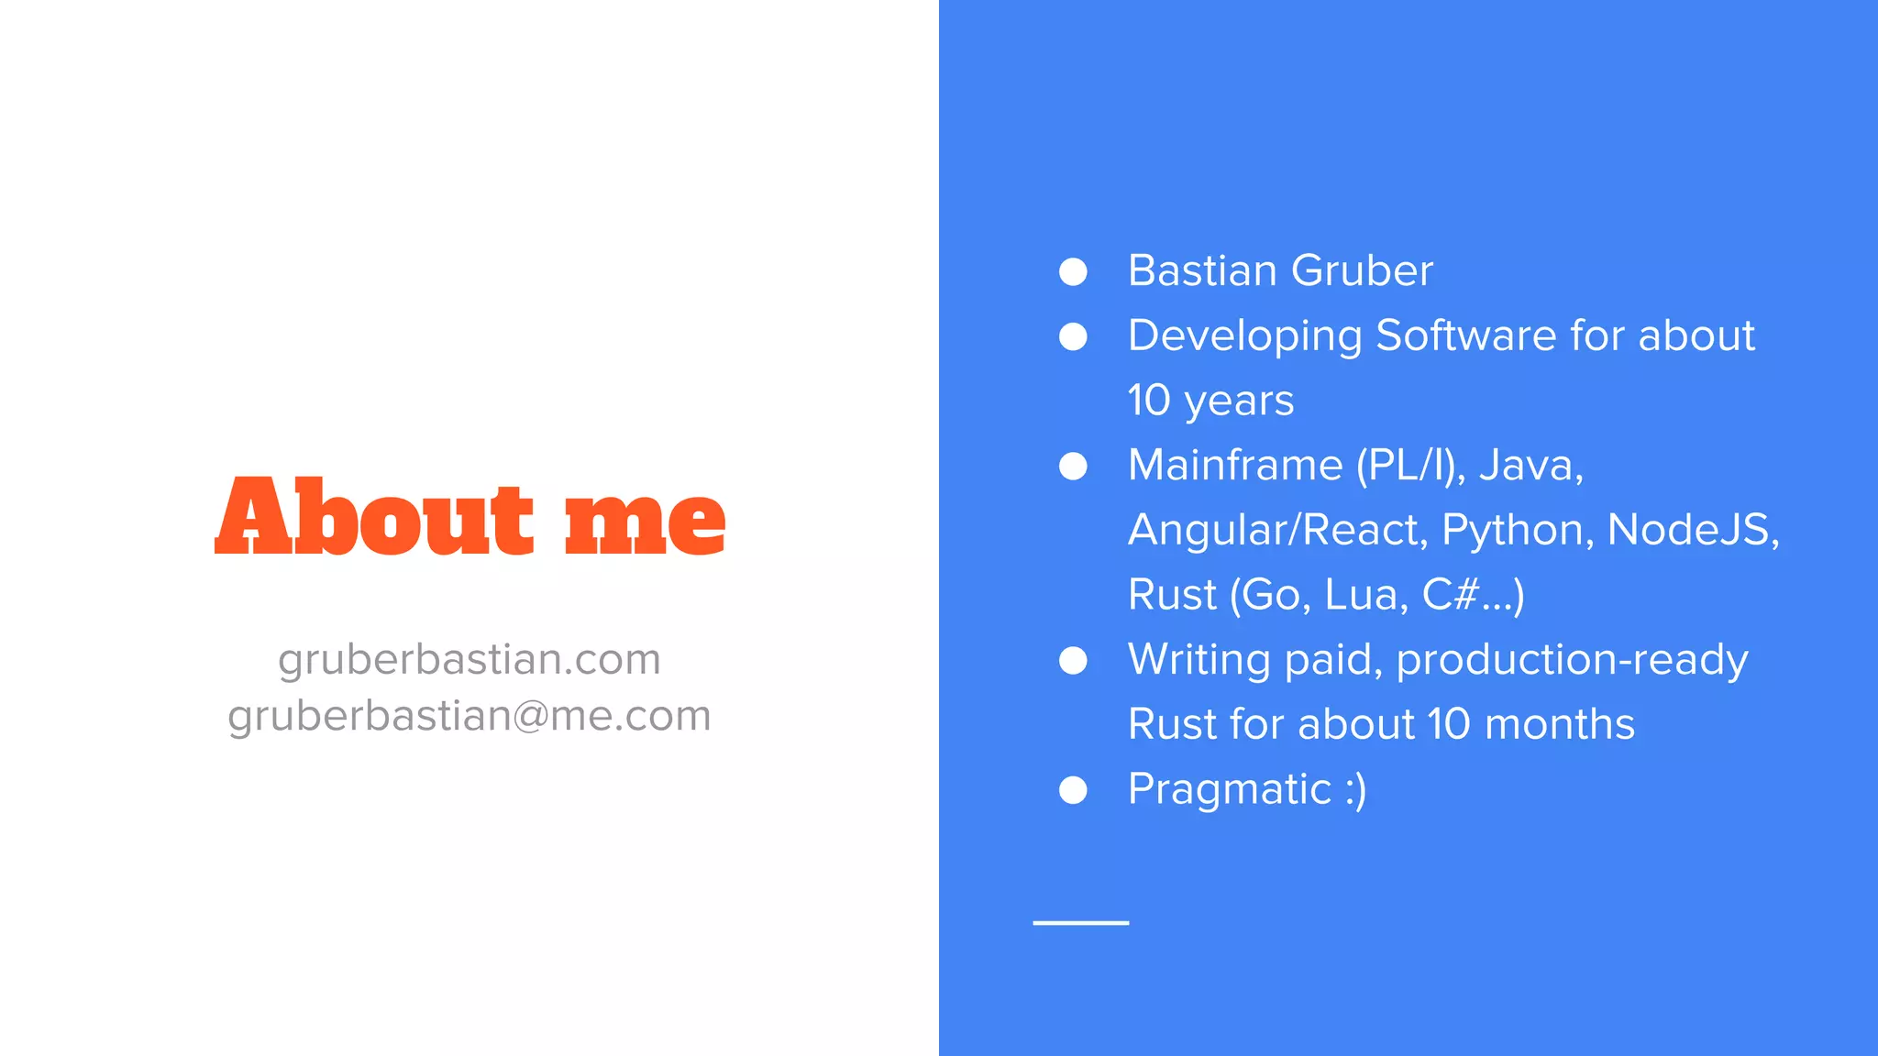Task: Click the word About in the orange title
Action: tap(374, 517)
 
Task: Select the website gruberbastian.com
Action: tap(469, 659)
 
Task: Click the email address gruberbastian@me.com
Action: tap(469, 716)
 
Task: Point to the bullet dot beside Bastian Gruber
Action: tap(1073, 271)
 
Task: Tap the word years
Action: tap(1239, 401)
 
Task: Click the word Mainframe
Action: tap(1235, 465)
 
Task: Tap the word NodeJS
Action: tap(1693, 530)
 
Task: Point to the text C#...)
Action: tap(1473, 595)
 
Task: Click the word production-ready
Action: tap(1572, 660)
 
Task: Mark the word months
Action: tap(1559, 724)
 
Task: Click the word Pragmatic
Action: tap(1229, 789)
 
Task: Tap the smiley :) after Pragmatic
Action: tap(1355, 789)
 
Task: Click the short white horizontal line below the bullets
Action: tap(1081, 922)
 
